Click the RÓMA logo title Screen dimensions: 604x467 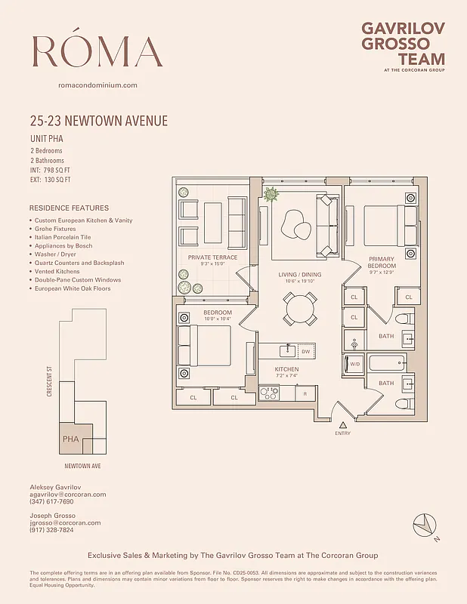tap(97, 51)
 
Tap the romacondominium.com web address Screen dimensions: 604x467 tap(97, 85)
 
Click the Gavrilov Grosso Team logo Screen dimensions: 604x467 tap(403, 45)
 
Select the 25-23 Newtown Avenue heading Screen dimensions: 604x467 tap(98, 121)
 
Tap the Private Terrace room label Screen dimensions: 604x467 tap(212, 257)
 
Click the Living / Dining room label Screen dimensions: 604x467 tap(300, 276)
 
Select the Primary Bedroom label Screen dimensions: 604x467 tap(382, 262)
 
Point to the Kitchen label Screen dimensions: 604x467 tap(286, 369)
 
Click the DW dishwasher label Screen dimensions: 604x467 tap(305, 351)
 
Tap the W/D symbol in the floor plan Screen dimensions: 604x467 tap(354, 365)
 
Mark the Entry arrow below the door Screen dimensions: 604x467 tap(342, 426)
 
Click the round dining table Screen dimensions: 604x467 tap(300, 307)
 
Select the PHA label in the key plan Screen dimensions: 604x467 tap(70, 439)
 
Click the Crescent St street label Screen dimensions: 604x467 tap(50, 382)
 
